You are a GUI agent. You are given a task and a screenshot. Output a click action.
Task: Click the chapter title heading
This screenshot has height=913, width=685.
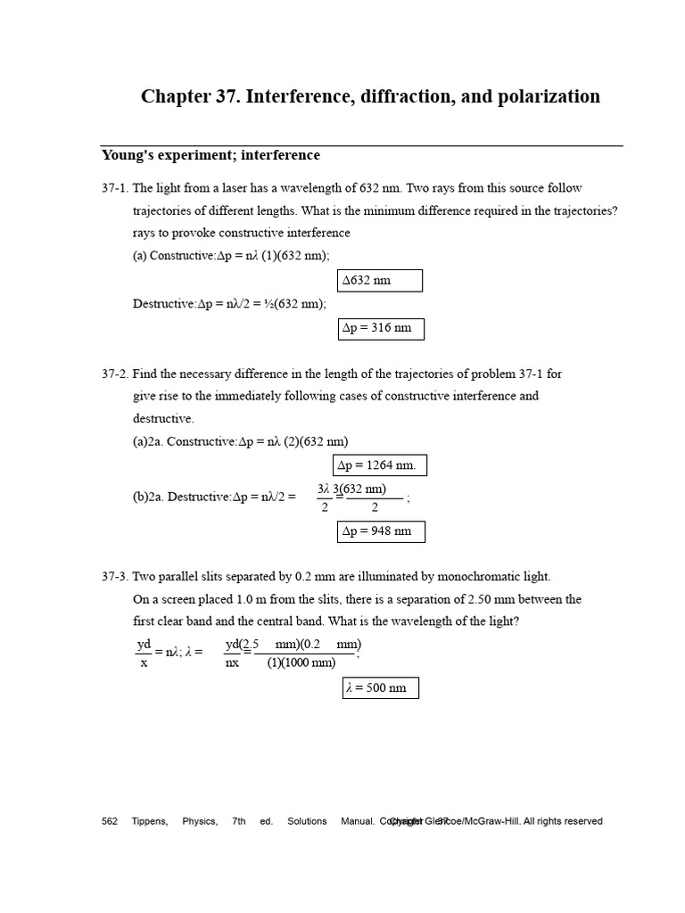pyautogui.click(x=370, y=96)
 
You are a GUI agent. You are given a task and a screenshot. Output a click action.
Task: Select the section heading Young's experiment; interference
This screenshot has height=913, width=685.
pyautogui.click(x=210, y=155)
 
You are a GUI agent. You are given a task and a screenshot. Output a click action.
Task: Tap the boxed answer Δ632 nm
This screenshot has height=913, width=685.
pyautogui.click(x=380, y=281)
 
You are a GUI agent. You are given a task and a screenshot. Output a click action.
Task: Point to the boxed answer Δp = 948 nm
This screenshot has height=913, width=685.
pyautogui.click(x=381, y=531)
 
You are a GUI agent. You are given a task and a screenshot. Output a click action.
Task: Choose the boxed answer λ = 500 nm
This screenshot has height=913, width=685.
pyautogui.click(x=380, y=688)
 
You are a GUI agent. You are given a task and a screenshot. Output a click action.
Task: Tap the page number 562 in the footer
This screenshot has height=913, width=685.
pyautogui.click(x=110, y=821)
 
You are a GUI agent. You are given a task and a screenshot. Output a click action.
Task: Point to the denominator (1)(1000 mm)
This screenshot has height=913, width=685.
pyautogui.click(x=301, y=662)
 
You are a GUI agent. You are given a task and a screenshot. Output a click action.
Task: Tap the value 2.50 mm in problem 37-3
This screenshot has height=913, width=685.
pyautogui.click(x=491, y=599)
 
